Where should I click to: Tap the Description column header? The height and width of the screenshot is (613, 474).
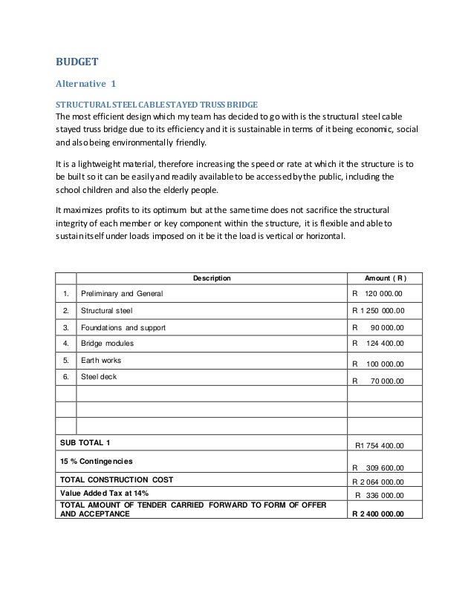point(212,278)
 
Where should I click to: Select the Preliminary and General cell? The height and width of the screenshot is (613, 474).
point(121,295)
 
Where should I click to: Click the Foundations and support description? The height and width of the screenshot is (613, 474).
point(123,327)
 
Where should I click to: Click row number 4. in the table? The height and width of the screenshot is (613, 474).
point(65,344)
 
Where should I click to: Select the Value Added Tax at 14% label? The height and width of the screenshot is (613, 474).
point(104,494)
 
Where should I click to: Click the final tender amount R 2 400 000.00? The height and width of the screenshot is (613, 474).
point(377,512)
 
